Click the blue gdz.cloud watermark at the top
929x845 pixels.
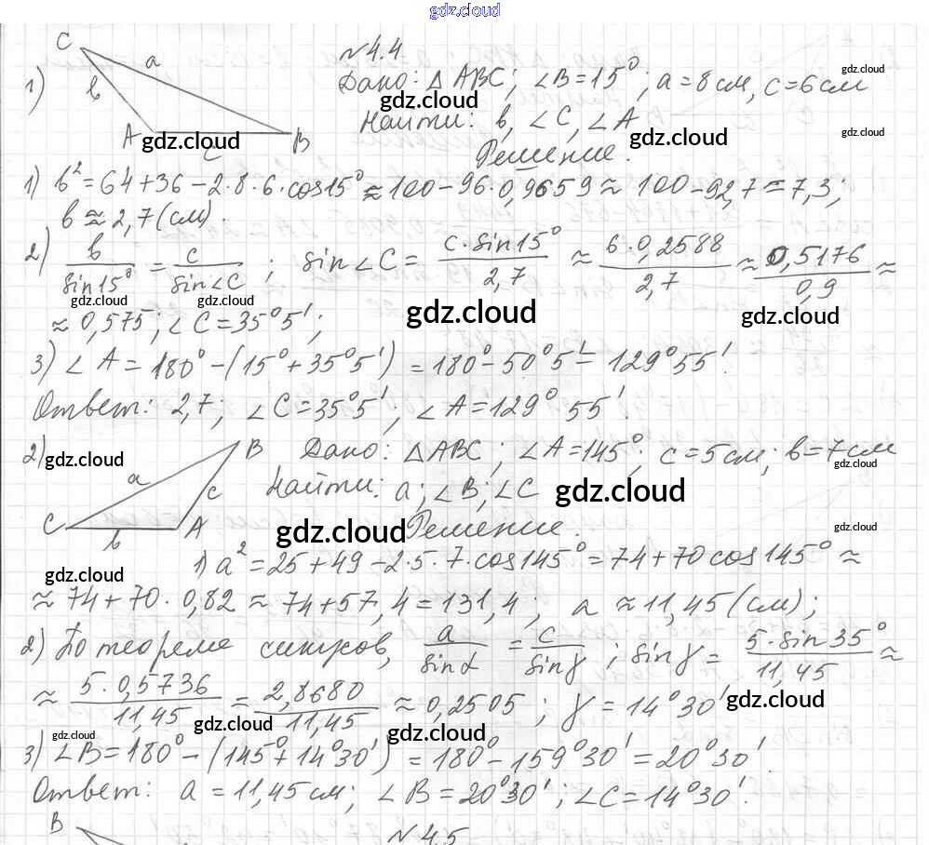464,10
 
